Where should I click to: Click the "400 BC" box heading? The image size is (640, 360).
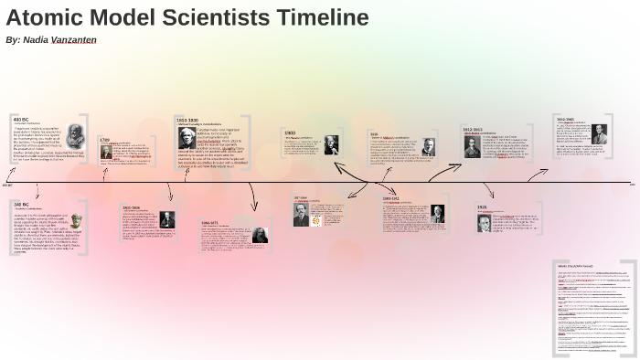pyautogui.click(x=20, y=119)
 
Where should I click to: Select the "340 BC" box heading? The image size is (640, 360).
pyautogui.click(x=20, y=205)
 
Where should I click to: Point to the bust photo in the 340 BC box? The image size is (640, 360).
pyautogui.click(x=76, y=221)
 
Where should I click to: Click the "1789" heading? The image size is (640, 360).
pyautogui.click(x=104, y=140)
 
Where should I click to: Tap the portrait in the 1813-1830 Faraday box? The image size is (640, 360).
pyautogui.click(x=187, y=137)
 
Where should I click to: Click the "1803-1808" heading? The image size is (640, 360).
pyautogui.click(x=131, y=207)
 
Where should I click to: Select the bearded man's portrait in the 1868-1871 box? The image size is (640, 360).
pyautogui.click(x=260, y=236)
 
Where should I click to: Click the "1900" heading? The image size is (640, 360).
pyautogui.click(x=289, y=132)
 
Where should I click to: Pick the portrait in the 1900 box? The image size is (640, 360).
pyautogui.click(x=330, y=144)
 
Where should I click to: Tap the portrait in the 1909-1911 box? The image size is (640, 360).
pyautogui.click(x=438, y=214)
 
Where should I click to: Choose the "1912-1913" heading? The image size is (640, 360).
pyautogui.click(x=472, y=130)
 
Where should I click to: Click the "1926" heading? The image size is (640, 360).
pyautogui.click(x=482, y=207)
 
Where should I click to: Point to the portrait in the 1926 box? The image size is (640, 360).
pyautogui.click(x=484, y=222)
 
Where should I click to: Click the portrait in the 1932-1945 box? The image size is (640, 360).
pyautogui.click(x=599, y=133)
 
